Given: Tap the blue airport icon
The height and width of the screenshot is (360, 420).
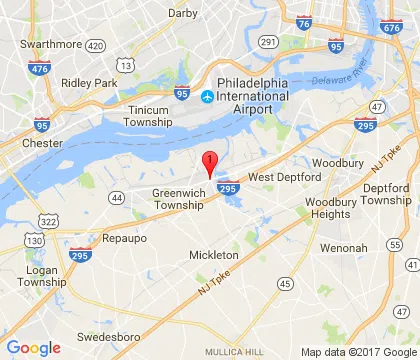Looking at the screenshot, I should tap(207, 97).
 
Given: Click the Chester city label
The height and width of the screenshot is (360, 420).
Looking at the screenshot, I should tap(43, 143).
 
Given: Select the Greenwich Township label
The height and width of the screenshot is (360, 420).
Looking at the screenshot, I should tap(180, 198).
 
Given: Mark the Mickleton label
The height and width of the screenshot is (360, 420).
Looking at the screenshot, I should tap(214, 256).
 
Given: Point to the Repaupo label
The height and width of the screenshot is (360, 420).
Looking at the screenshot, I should tap(126, 238).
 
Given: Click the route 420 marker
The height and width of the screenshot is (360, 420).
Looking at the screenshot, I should tap(96, 46).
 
